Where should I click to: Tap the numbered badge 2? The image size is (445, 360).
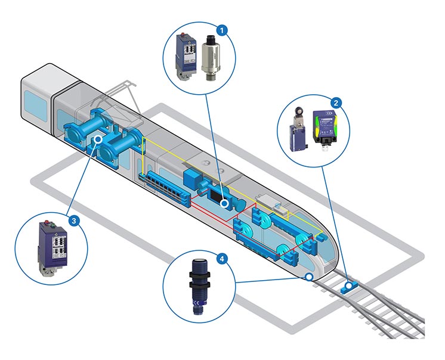point(337,103)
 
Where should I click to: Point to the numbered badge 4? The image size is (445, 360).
point(222,259)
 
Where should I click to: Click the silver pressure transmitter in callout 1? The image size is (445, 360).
point(211,59)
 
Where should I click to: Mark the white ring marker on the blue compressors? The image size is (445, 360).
point(98,139)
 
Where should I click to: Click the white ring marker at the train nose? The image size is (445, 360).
point(308,277)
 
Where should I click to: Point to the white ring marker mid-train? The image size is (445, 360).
point(225,204)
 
